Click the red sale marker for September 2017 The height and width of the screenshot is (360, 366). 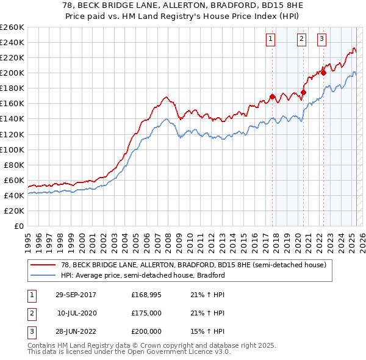[273, 96]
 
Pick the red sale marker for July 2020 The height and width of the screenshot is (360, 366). [303, 92]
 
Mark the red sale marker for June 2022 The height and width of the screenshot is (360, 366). [324, 73]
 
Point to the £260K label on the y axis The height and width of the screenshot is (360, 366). [12, 27]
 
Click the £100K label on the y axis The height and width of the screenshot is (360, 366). [12, 149]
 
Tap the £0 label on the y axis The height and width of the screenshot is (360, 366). [18, 226]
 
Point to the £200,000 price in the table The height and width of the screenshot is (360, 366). [146, 331]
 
